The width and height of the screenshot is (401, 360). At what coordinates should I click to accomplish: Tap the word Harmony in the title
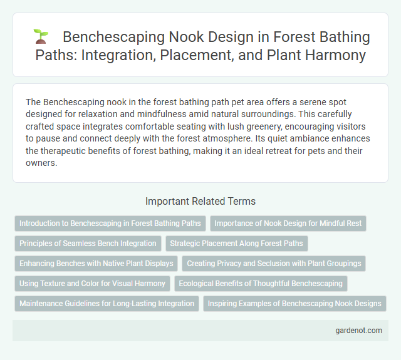click(335, 55)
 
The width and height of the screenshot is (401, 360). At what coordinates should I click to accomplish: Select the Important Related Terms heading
click(200, 201)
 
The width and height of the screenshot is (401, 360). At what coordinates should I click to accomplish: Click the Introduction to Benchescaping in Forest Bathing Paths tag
click(110, 223)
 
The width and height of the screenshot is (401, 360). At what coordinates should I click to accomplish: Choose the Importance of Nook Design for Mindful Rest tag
click(288, 223)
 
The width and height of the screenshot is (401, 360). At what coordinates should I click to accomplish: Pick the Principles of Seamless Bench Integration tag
click(88, 243)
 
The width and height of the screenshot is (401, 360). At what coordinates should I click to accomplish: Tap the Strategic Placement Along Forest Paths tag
click(236, 243)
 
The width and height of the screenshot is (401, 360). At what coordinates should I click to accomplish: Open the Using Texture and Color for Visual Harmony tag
click(92, 284)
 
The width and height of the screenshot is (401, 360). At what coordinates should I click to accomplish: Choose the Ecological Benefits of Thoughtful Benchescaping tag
click(261, 284)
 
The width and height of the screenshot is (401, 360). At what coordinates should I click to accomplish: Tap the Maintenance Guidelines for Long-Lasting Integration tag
click(107, 304)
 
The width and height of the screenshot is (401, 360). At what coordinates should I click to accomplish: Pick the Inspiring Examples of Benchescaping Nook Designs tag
click(294, 304)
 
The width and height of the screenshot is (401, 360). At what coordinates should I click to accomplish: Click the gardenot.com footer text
click(358, 331)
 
